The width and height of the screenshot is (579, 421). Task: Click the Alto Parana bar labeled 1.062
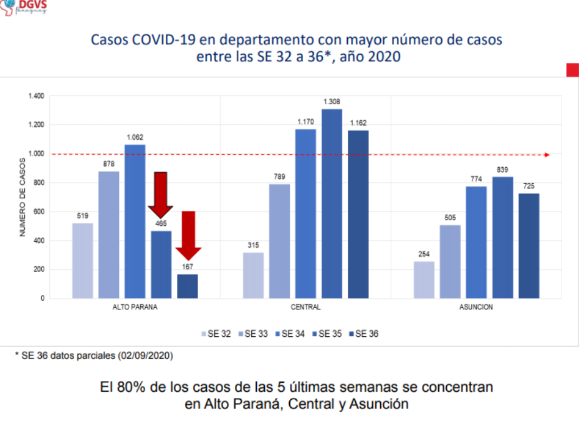click(135, 221)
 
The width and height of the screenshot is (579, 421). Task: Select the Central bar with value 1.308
click(332, 203)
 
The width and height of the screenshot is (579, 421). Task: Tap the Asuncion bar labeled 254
click(424, 279)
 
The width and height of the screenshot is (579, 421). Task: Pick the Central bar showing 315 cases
click(253, 275)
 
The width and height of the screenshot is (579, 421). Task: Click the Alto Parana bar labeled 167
click(188, 286)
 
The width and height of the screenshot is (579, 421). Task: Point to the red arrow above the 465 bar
click(161, 194)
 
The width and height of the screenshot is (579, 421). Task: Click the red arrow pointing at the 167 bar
click(188, 235)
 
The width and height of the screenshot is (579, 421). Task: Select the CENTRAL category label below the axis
click(305, 307)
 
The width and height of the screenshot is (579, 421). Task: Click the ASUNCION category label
click(476, 307)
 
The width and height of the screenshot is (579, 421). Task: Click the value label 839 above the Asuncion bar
click(502, 170)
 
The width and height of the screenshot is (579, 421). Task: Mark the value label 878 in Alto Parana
click(108, 164)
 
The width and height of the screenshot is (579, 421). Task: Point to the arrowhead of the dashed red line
click(547, 155)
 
